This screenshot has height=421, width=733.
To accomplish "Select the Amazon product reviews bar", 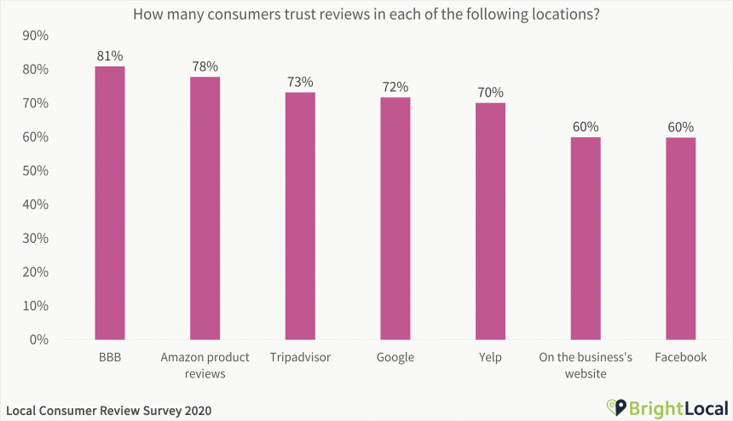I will pos(205,208).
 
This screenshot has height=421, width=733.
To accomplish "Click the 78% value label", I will pos(205,66).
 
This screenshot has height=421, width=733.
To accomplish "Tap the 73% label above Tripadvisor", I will pos(300,82).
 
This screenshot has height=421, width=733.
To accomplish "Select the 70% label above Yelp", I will pos(490,92).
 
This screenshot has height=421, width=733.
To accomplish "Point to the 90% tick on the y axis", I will pos(35,36).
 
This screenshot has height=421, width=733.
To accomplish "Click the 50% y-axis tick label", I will pos(35,170).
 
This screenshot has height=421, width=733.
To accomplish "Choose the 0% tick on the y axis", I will pos(38,339).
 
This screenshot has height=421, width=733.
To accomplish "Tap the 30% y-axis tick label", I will pos(35,238).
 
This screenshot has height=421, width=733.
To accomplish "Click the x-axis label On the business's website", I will pos(585,365).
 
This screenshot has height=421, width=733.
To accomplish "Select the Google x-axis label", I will pos(395,357).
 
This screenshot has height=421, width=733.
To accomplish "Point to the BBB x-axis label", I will pos(110,357).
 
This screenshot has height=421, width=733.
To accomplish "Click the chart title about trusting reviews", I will pos(366,14).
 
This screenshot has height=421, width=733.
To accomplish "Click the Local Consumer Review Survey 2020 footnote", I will pos(107,410).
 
